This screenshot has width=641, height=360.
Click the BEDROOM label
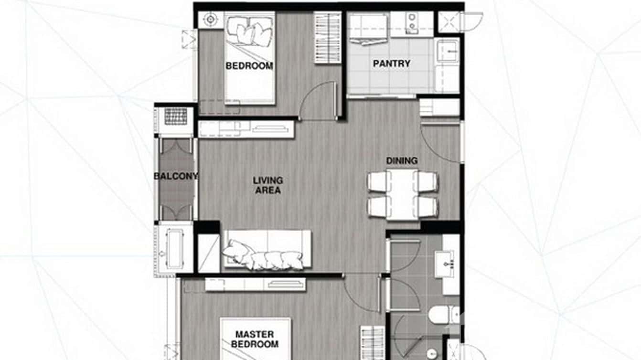[x=249, y=66]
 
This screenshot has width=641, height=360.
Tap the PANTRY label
[x=391, y=64]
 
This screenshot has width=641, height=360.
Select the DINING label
[x=402, y=161]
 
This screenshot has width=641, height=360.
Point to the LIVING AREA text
[x=268, y=185]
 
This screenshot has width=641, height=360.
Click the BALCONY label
[x=176, y=176]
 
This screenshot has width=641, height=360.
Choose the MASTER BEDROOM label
[x=255, y=339]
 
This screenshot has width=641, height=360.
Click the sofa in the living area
[x=267, y=249]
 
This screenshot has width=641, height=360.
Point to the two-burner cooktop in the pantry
[x=411, y=22]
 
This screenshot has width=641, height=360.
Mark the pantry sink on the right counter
[x=448, y=50]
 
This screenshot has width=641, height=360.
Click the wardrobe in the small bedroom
[x=328, y=38]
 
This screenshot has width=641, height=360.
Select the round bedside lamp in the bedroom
[x=209, y=20]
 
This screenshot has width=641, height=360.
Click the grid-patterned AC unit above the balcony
[x=175, y=116]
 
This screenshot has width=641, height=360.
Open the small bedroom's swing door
[x=318, y=102]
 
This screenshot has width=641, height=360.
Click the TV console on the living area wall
[x=246, y=129]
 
